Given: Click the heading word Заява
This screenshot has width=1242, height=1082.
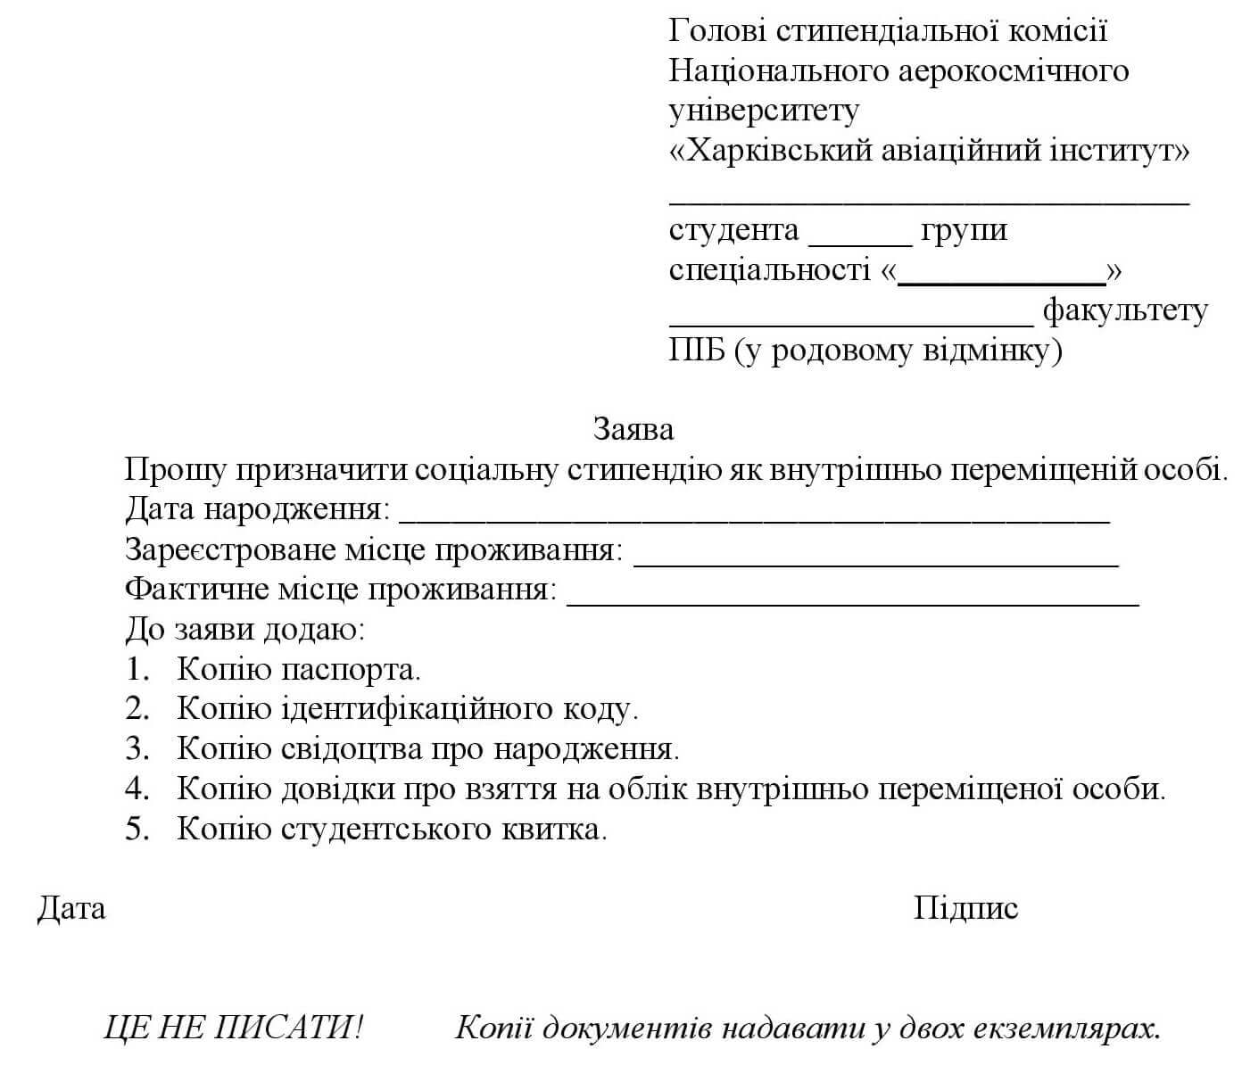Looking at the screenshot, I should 633,430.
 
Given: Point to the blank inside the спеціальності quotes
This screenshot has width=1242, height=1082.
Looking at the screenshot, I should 1001,278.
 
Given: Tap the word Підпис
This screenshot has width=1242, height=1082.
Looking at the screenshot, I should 965,908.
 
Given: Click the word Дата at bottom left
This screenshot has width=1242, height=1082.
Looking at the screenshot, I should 71,908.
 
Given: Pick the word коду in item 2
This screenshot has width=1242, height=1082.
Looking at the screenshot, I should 599,708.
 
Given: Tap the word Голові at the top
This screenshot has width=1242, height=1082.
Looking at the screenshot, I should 716,31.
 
